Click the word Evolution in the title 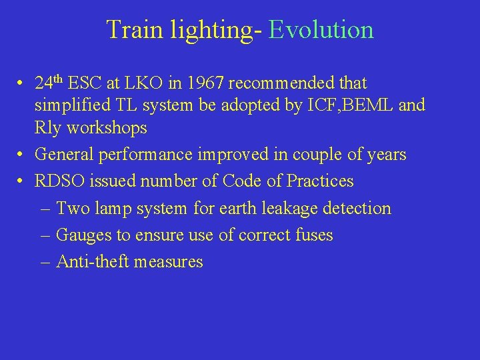click(321, 31)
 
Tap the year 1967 click(206, 83)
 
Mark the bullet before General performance click(22, 155)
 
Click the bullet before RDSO click(22, 181)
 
